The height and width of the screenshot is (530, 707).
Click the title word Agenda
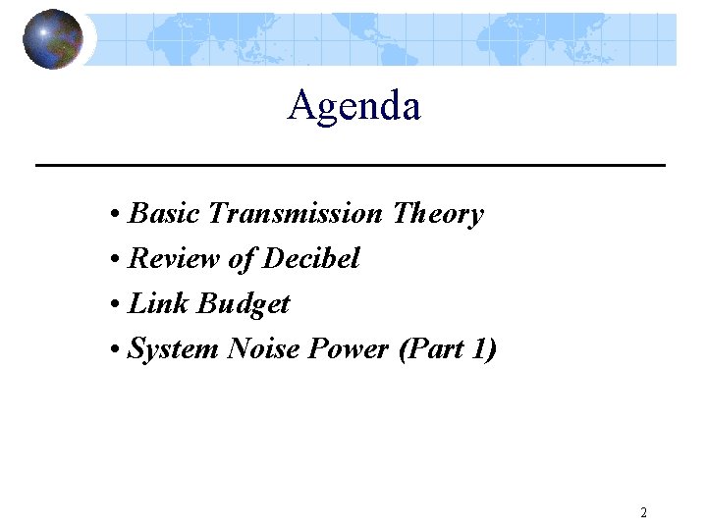tap(353, 106)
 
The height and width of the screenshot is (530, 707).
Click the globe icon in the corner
tap(52, 39)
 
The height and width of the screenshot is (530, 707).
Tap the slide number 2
tap(643, 512)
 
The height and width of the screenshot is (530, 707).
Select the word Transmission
tap(296, 214)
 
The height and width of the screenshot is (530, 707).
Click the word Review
tap(175, 259)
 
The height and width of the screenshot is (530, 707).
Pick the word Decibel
tap(311, 259)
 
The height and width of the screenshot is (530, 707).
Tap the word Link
tap(159, 304)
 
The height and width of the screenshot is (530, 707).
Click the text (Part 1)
tap(448, 349)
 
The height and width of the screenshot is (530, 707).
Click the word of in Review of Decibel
tap(241, 259)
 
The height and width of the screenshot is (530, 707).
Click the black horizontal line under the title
tap(351, 165)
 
